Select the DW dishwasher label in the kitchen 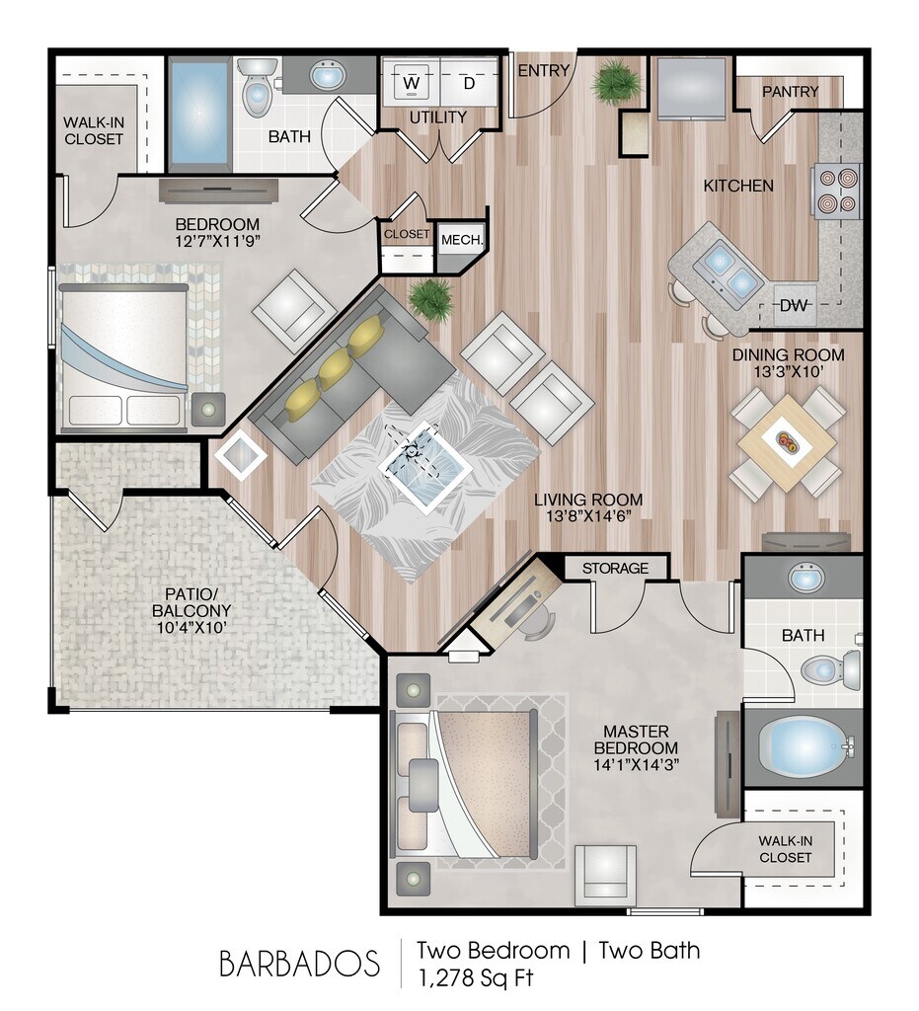pos(794,305)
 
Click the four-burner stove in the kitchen pos(834,191)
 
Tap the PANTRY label pos(791,92)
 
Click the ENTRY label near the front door pos(543,70)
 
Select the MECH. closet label pos(461,240)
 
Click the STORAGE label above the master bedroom pos(615,568)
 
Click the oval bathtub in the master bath pos(803,746)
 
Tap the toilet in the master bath pos(827,670)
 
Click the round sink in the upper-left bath pos(327,75)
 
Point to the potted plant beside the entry pos(617,82)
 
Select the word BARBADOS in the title pos(300,962)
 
